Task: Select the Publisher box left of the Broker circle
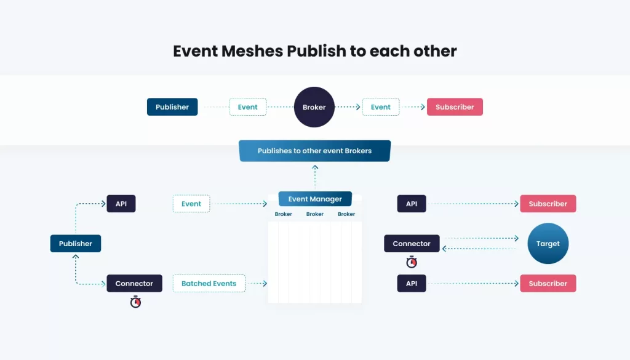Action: tap(172, 107)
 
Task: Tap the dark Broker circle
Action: tap(314, 107)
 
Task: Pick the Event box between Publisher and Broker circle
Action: tap(247, 107)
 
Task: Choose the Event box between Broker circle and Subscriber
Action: tap(380, 107)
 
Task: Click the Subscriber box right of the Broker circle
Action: tap(455, 107)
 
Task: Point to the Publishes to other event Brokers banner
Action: tap(314, 151)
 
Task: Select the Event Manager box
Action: tap(315, 199)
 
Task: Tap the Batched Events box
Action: tap(209, 284)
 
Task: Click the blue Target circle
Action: tap(548, 244)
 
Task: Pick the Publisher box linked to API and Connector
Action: tap(76, 244)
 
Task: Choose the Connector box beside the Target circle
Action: tap(412, 244)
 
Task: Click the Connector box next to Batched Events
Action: tap(134, 284)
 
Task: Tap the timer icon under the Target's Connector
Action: tap(412, 263)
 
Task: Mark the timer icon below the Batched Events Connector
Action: tap(135, 302)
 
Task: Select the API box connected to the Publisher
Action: tap(121, 204)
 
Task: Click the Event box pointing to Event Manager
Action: tap(191, 204)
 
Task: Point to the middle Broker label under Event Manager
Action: tap(315, 214)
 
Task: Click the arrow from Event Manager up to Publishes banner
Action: tap(315, 177)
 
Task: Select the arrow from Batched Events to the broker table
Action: tap(257, 284)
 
